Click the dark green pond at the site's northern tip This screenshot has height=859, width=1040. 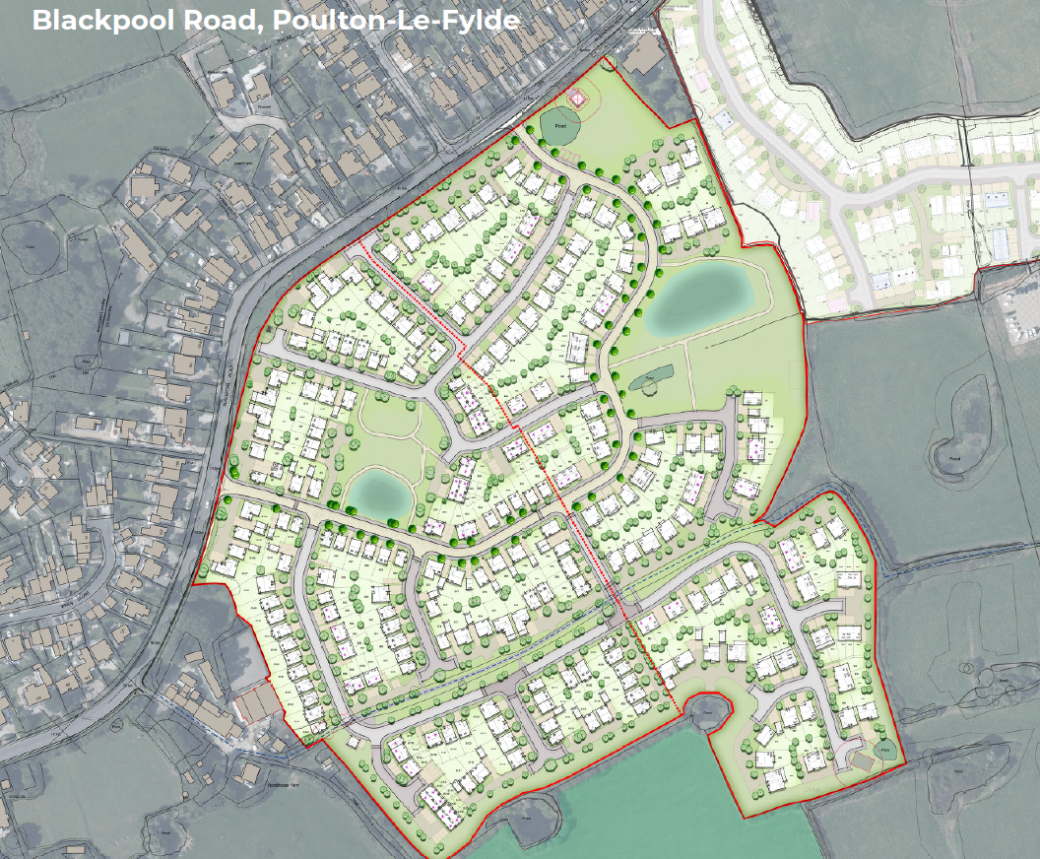pos(560,127)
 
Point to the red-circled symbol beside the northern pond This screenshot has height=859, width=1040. pos(577,98)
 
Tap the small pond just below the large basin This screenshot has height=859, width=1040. pos(652,376)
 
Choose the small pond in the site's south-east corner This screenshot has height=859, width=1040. pos(886,751)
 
